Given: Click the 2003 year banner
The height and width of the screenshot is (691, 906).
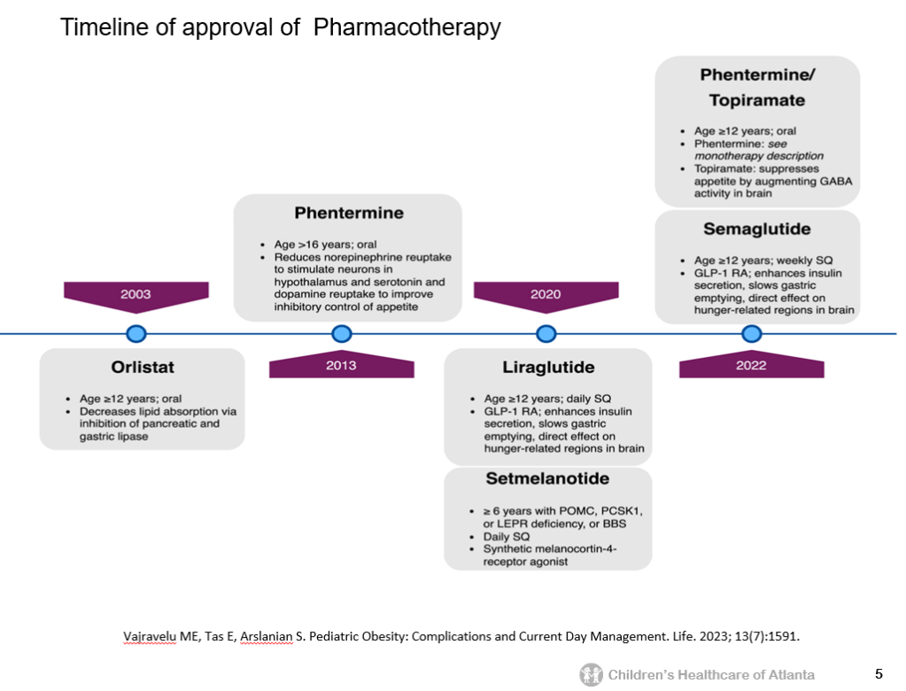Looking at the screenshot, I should [136, 294].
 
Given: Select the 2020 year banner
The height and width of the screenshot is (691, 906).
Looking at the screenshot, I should [546, 294].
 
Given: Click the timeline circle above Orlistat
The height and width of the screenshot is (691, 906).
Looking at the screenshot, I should [136, 334].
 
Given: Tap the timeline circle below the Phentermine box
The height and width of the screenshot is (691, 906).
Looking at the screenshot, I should [341, 334].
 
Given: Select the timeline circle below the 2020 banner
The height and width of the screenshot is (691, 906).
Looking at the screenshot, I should [546, 334].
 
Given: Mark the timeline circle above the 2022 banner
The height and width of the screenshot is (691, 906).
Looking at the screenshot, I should [751, 334].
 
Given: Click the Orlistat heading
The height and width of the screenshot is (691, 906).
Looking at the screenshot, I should [142, 367].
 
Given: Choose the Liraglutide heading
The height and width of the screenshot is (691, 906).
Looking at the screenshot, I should [548, 367].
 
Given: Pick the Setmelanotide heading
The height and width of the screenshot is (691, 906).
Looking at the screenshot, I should [547, 479].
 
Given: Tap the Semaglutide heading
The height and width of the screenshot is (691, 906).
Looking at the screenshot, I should [756, 229].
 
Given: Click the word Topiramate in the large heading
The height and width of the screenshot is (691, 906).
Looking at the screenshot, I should [756, 100].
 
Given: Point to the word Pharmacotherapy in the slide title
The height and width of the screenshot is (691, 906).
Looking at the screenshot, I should [407, 27].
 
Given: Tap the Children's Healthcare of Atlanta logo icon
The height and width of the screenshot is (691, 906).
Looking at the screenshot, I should [591, 675].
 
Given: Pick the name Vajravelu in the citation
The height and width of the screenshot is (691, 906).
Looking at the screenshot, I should [150, 636].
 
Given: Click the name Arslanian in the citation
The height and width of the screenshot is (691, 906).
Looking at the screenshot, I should [266, 636].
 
